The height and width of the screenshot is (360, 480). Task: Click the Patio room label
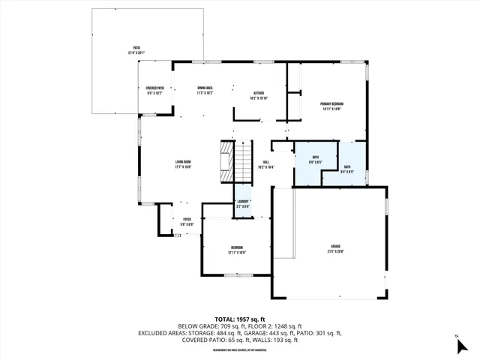(x=136, y=51)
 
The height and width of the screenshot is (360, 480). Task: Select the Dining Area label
(x=205, y=91)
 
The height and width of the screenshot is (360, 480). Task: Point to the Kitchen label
(x=258, y=94)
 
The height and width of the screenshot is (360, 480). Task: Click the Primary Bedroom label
(x=331, y=106)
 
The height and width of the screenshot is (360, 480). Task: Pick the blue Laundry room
(x=242, y=203)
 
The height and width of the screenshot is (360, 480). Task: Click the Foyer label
(x=187, y=221)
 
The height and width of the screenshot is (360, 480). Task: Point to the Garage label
(x=335, y=248)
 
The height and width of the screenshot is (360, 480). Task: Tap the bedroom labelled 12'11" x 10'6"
(x=236, y=250)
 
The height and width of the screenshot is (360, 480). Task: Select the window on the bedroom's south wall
(x=237, y=275)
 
